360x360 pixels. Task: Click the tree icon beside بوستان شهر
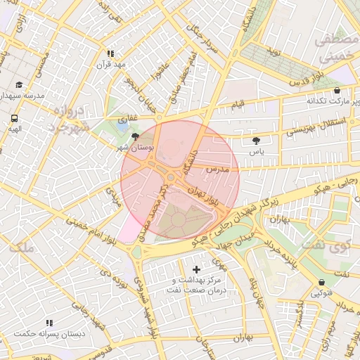coord(135,138)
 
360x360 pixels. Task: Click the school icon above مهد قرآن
coord(110,53)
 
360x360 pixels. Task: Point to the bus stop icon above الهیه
coord(15,118)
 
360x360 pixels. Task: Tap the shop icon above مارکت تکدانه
coord(337,90)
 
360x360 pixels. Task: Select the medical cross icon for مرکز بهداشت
coord(195,269)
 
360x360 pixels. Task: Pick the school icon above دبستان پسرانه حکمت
coord(49,323)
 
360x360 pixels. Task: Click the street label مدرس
coord(219,169)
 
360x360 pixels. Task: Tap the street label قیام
coord(238,105)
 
